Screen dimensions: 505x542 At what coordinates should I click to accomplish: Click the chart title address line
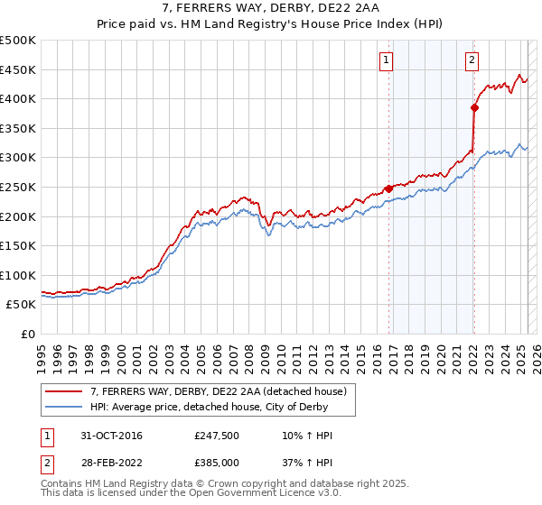(270, 9)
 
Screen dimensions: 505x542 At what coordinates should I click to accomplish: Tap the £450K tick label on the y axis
(18, 69)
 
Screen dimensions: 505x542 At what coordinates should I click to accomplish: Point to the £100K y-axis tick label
(18, 275)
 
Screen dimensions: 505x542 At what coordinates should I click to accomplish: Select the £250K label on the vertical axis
(18, 187)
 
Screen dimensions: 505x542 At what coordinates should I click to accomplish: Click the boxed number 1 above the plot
(386, 60)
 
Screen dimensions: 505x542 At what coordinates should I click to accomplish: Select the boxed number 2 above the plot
(472, 60)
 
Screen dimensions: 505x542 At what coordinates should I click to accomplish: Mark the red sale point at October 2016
(389, 188)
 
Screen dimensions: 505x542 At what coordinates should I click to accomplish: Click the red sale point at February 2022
(474, 107)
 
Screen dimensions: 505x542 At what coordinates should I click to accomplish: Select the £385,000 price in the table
(216, 461)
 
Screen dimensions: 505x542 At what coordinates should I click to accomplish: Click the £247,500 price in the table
(216, 436)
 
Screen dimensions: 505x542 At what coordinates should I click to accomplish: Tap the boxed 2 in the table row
(46, 461)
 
